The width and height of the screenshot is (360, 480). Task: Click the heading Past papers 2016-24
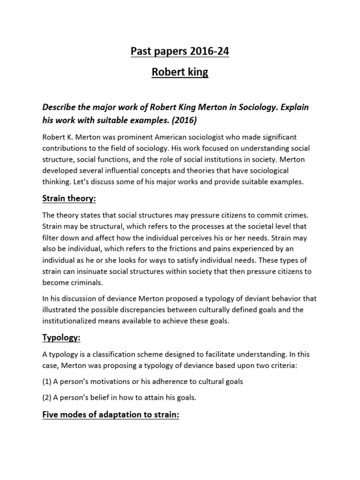(180, 52)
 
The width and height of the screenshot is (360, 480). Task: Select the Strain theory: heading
(69, 198)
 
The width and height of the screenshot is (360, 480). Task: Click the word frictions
(202, 249)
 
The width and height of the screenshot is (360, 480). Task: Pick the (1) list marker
(47, 382)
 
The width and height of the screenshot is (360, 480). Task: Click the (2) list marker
(47, 397)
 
